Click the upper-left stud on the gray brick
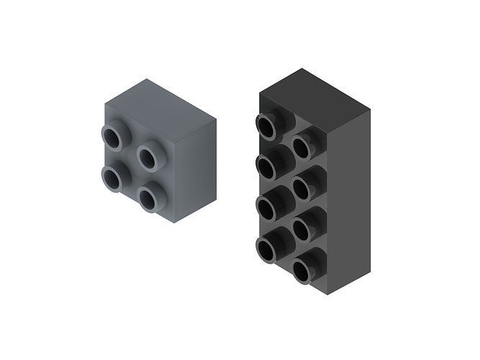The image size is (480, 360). pos(112,137)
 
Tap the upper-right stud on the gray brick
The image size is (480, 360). pos(149,156)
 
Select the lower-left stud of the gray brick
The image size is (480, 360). pos(112,178)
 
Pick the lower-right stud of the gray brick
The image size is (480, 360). pos(149,198)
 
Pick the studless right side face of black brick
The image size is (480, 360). pos(349,194)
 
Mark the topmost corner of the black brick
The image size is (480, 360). pos(303,68)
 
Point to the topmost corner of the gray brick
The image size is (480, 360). pos(148,78)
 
